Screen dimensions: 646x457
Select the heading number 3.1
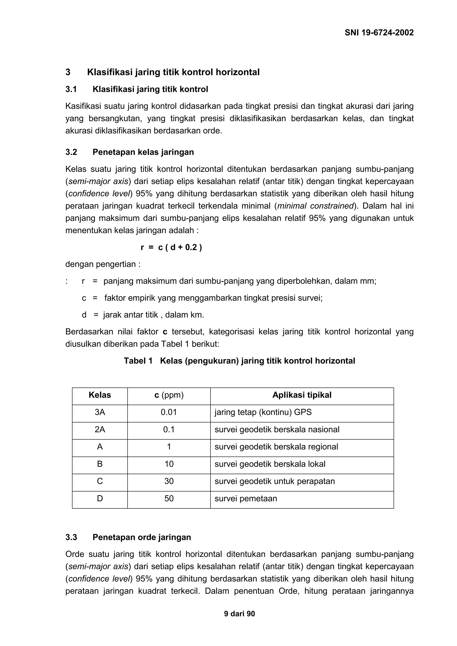click(x=71, y=89)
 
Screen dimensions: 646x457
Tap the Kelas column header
click(x=100, y=395)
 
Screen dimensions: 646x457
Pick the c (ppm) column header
click(x=169, y=395)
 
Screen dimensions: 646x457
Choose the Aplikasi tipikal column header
click(x=302, y=395)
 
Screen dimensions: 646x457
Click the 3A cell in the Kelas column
click(x=100, y=412)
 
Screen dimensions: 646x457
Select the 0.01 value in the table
click(x=169, y=412)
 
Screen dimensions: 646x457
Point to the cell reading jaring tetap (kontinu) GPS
click(x=263, y=412)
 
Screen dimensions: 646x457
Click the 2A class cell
click(x=100, y=429)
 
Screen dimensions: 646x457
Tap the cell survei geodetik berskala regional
click(x=276, y=447)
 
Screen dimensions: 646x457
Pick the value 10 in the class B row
click(x=169, y=464)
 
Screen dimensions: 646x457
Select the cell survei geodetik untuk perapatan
click(x=274, y=481)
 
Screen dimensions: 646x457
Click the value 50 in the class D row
click(x=169, y=499)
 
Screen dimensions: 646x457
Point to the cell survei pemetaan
click(x=246, y=499)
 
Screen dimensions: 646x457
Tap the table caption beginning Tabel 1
click(x=239, y=361)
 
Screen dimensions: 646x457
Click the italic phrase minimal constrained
click(x=315, y=206)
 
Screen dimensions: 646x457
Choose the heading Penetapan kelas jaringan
click(x=143, y=152)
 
